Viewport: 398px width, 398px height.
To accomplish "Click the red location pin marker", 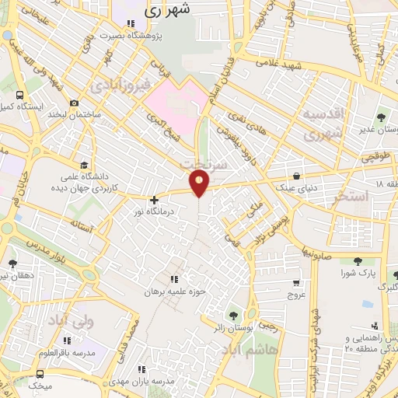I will tap(200, 183).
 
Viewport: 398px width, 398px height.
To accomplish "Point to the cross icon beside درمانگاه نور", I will tap(154, 200).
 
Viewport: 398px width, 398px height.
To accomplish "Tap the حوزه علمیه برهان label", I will tap(178, 292).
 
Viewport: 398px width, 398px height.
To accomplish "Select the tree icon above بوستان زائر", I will tap(232, 315).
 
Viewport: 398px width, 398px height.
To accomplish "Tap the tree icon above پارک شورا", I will tap(357, 261).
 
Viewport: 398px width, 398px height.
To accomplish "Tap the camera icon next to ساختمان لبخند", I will tap(75, 103).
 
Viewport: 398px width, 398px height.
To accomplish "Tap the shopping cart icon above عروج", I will tap(296, 283).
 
